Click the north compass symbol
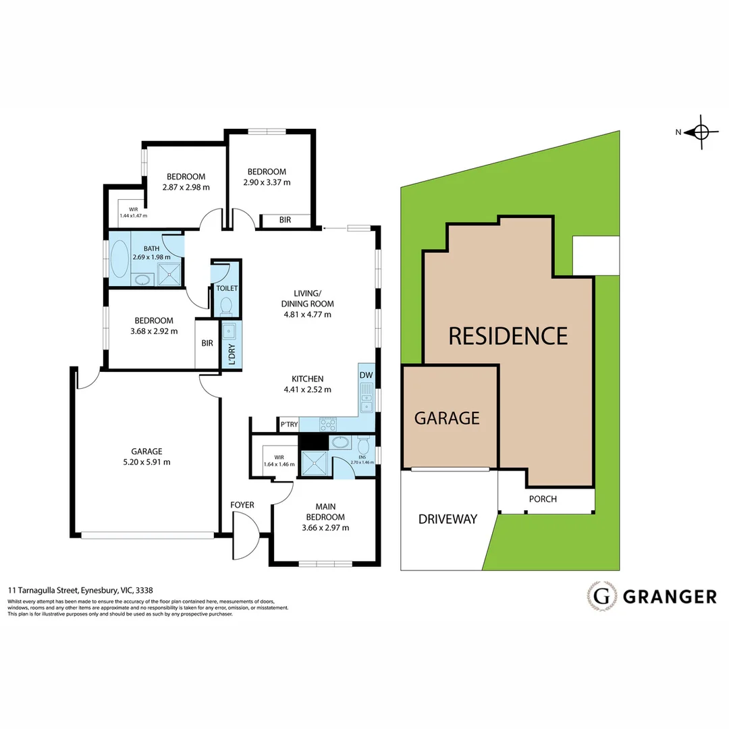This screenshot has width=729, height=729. coord(701,132)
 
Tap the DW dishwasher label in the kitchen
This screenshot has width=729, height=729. coord(366,375)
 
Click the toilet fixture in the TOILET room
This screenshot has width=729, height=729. coord(226,306)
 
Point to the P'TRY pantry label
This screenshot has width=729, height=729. coord(290,424)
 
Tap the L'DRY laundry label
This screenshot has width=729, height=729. coord(232,354)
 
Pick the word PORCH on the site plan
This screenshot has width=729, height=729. coord(543,500)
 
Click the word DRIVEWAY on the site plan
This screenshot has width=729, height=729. coord(448,519)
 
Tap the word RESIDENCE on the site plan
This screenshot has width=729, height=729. coord(508,335)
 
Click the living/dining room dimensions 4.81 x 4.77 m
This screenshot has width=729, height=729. coord(307,314)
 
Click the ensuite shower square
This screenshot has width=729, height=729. coord(313,464)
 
